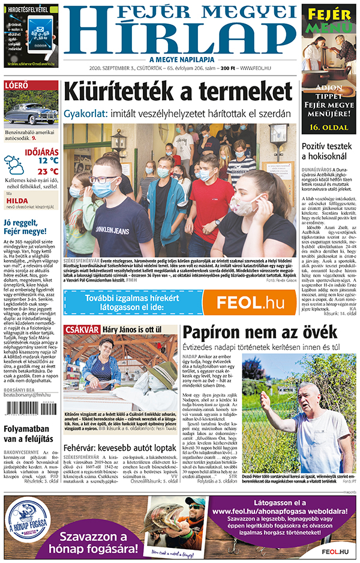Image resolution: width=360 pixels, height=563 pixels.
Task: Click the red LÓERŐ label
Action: (17, 85)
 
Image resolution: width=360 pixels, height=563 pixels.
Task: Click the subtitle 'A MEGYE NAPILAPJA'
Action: (182, 59)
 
